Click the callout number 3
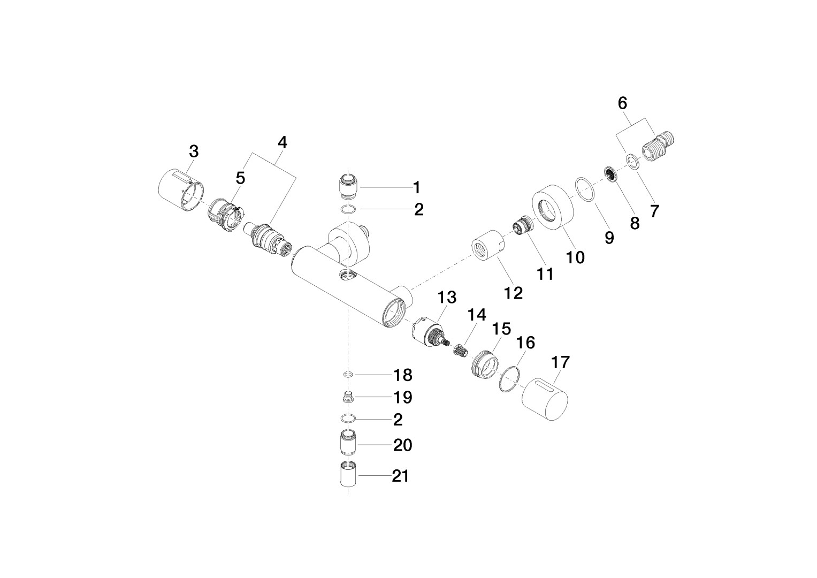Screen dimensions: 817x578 click(x=194, y=151)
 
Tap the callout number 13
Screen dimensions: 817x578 click(x=447, y=298)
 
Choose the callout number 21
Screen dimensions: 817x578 click(x=401, y=476)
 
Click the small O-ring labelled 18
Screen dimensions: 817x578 click(x=349, y=375)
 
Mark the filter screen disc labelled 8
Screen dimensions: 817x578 click(x=610, y=174)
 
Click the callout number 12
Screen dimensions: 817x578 click(x=514, y=293)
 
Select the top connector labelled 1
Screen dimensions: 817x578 click(x=348, y=186)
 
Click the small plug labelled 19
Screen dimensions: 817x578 click(x=349, y=396)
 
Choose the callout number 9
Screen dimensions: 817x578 click(x=609, y=238)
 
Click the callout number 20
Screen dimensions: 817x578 click(x=403, y=445)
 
